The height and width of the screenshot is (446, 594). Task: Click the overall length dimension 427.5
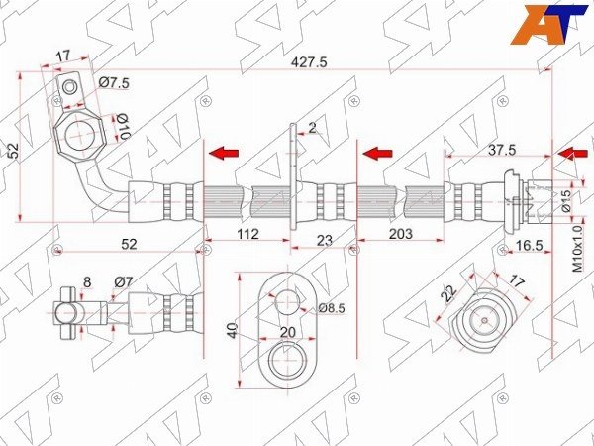[308, 62]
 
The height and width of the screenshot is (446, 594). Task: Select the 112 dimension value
[248, 234]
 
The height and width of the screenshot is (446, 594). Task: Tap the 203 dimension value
[400, 234]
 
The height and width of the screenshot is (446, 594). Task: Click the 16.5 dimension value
[530, 246]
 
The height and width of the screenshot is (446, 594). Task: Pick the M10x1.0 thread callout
[577, 249]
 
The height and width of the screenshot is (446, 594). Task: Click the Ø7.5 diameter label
[114, 82]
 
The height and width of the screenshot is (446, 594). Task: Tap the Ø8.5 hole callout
[332, 308]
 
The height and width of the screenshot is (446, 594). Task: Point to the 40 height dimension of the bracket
[232, 330]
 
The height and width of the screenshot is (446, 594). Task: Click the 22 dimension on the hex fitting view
[449, 293]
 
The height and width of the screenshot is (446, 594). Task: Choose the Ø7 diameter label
[124, 282]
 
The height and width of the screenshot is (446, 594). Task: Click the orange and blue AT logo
[548, 25]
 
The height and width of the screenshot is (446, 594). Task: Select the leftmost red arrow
[224, 154]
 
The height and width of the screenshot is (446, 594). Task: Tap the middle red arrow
[377, 154]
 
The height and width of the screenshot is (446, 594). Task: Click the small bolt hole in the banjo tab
[69, 87]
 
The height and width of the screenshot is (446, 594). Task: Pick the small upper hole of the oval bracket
[287, 302]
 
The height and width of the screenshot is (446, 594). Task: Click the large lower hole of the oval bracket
[288, 360]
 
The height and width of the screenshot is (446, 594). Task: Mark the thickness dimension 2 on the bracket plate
[312, 128]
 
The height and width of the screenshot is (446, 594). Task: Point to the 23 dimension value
[325, 240]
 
